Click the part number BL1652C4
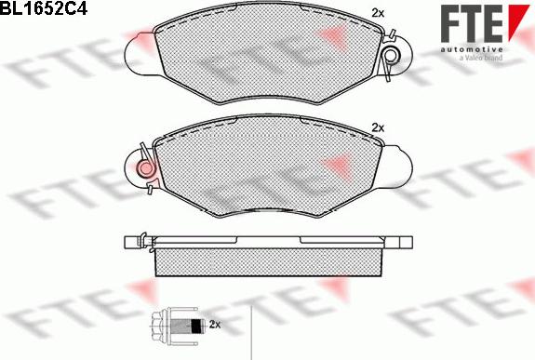pos(44,7)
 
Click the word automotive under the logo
pos(472,50)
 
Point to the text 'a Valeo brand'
pos(481,58)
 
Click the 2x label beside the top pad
pos(378,13)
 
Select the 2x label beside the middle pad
pos(378,128)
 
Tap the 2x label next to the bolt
pos(215,324)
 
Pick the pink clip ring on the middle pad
pos(147,167)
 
